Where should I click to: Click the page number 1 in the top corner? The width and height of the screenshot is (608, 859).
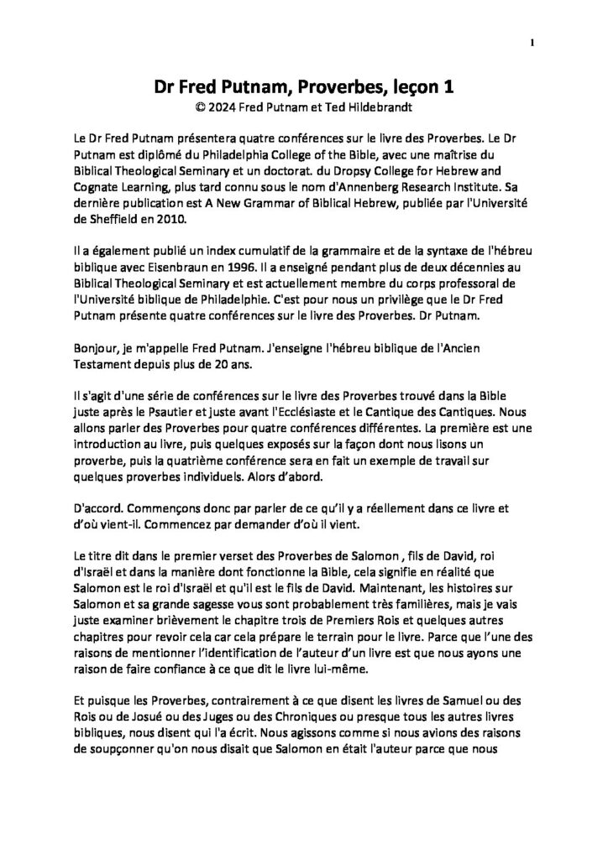(x=532, y=44)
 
